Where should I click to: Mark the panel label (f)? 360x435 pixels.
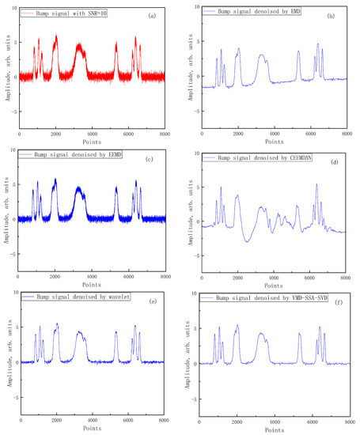tap(336, 303)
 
